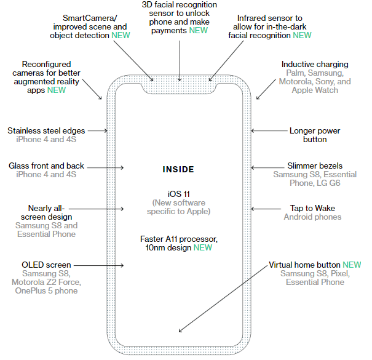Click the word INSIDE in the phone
[x=178, y=169]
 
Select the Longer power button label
[x=315, y=135]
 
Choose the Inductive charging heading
[x=315, y=64]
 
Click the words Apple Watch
[x=315, y=90]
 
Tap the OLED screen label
[x=47, y=265]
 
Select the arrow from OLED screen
[x=98, y=265]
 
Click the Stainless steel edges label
[x=47, y=130]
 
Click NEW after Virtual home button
[x=352, y=265]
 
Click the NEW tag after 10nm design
[x=203, y=247]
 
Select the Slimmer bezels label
[x=315, y=166]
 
